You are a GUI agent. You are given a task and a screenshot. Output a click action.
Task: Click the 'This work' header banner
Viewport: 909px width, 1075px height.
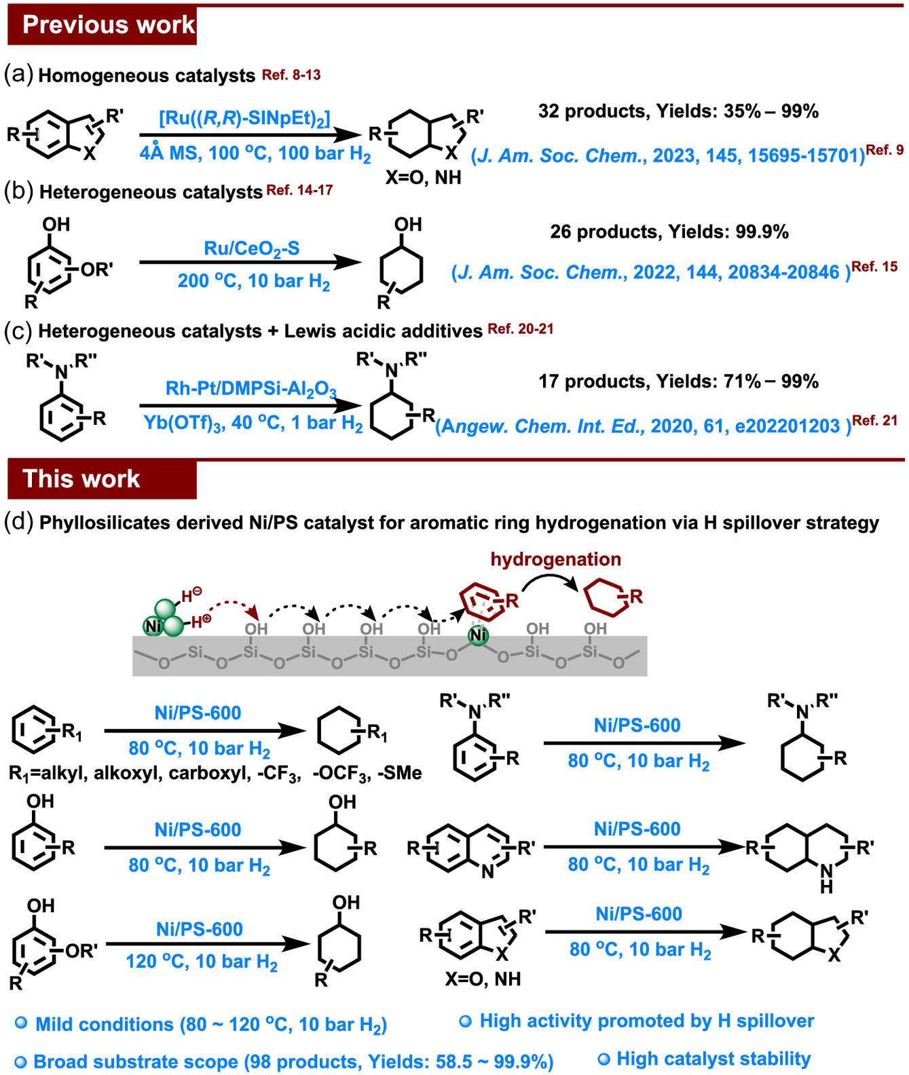[x=102, y=479]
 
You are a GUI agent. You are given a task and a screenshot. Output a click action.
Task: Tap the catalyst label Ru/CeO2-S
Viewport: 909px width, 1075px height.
[x=251, y=249]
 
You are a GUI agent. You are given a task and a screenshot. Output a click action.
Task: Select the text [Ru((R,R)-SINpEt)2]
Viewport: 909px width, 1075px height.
[x=244, y=119]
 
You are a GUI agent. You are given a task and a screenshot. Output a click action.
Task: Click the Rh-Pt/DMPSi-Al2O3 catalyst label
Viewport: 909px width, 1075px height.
[x=251, y=389]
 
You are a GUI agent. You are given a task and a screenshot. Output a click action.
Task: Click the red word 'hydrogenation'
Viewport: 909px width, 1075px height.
[x=555, y=559]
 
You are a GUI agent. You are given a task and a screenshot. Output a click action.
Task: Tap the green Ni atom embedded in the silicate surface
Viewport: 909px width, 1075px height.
[x=479, y=635]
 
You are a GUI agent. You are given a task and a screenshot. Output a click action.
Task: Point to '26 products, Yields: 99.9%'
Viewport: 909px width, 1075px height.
[x=669, y=232]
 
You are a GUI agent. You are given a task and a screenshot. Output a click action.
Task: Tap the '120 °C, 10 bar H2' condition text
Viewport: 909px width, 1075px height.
[x=202, y=962]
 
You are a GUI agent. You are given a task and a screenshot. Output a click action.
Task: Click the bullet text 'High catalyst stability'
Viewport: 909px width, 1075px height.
[x=713, y=1059]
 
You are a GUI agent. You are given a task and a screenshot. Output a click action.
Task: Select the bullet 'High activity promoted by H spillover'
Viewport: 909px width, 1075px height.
[x=646, y=1021]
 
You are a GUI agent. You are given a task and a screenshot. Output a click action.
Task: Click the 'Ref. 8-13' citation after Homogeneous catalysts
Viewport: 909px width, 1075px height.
[x=291, y=75]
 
